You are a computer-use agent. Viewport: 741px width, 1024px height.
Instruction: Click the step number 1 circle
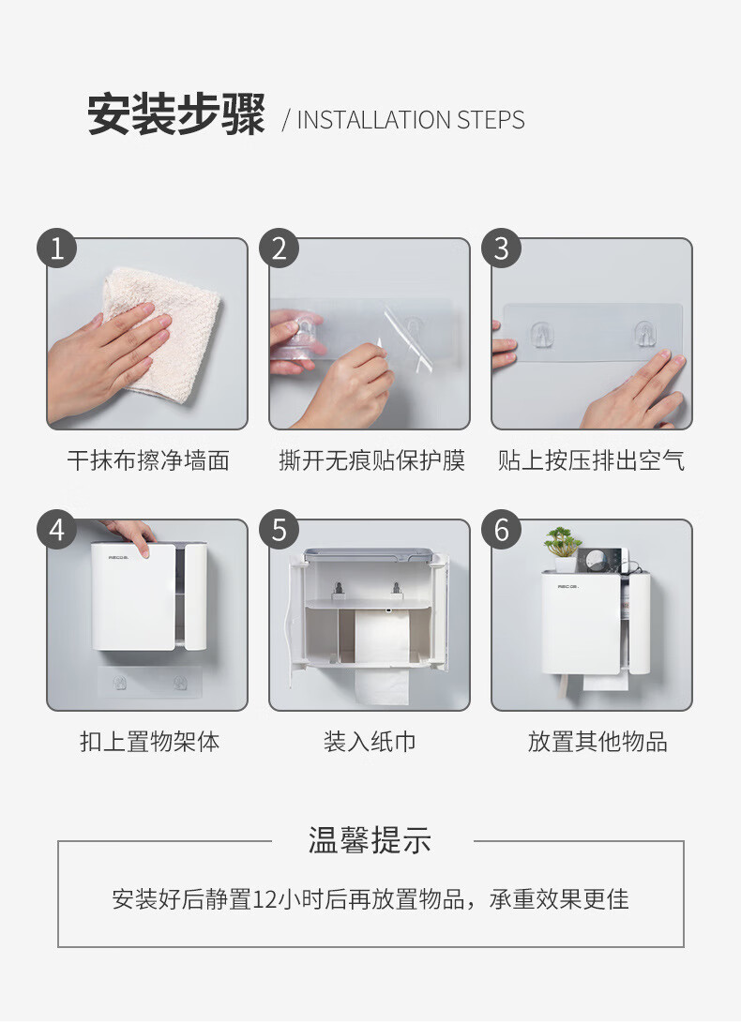(57, 248)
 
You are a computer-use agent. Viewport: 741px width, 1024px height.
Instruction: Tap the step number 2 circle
(279, 248)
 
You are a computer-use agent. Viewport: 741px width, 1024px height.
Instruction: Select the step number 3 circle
(501, 248)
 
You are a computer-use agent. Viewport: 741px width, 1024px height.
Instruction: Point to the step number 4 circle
(57, 530)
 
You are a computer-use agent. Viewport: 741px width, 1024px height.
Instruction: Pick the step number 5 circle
(279, 530)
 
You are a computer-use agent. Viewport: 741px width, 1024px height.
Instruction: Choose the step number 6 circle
(501, 530)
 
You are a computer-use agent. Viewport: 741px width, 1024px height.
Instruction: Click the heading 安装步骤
(176, 115)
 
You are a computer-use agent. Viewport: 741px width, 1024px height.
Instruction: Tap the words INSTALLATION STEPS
(411, 120)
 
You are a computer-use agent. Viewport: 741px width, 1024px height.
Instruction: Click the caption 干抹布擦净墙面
(148, 460)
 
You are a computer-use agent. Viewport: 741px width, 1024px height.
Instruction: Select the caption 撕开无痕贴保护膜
(371, 460)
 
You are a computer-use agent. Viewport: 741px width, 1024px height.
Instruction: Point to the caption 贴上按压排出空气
(591, 460)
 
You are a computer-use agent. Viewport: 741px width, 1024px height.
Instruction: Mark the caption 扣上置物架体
(150, 742)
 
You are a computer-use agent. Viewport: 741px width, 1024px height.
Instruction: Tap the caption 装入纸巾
(370, 742)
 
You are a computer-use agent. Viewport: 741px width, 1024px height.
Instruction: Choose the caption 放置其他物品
(597, 742)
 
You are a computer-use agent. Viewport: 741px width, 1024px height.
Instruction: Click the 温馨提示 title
(370, 840)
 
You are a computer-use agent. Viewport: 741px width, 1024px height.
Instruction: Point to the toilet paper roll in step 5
(383, 656)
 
